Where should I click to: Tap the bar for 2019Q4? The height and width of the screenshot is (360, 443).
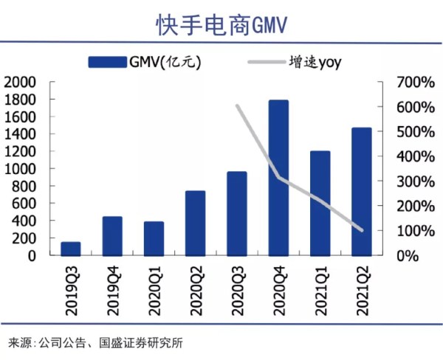click(x=112, y=236)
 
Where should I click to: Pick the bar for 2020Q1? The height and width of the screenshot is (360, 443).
click(x=154, y=238)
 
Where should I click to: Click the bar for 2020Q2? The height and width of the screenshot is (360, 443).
click(x=195, y=223)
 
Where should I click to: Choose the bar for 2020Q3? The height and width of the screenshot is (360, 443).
click(x=236, y=213)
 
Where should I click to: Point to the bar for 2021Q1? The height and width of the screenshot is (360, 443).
click(x=320, y=203)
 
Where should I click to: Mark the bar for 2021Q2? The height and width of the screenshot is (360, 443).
click(x=361, y=191)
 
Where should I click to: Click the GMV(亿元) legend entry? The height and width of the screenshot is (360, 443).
click(x=144, y=62)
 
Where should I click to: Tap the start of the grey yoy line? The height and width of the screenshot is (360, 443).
click(x=237, y=106)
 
